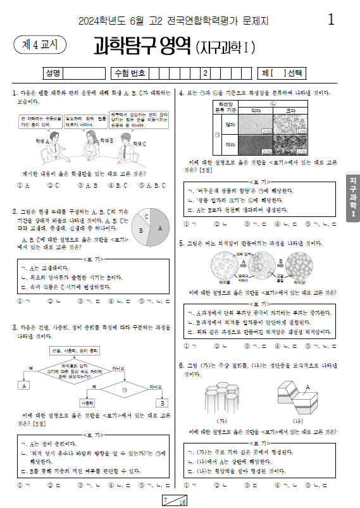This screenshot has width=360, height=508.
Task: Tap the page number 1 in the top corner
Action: point(331,20)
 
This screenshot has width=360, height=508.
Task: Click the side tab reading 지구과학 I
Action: point(352,198)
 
